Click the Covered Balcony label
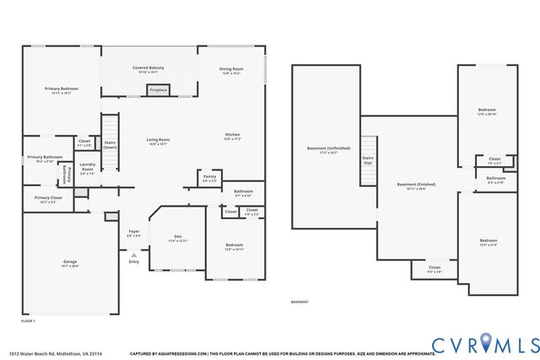click(x=148, y=67)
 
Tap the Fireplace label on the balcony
click(x=158, y=89)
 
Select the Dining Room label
click(x=231, y=70)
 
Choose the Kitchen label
click(x=232, y=136)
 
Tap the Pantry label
click(x=209, y=177)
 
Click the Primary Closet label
click(x=42, y=199)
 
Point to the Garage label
click(x=70, y=262)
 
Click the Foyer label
click(x=133, y=232)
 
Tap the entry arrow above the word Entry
click(x=133, y=254)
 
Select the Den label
click(x=177, y=237)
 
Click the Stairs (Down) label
click(x=110, y=144)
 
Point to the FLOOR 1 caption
click(x=28, y=321)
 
